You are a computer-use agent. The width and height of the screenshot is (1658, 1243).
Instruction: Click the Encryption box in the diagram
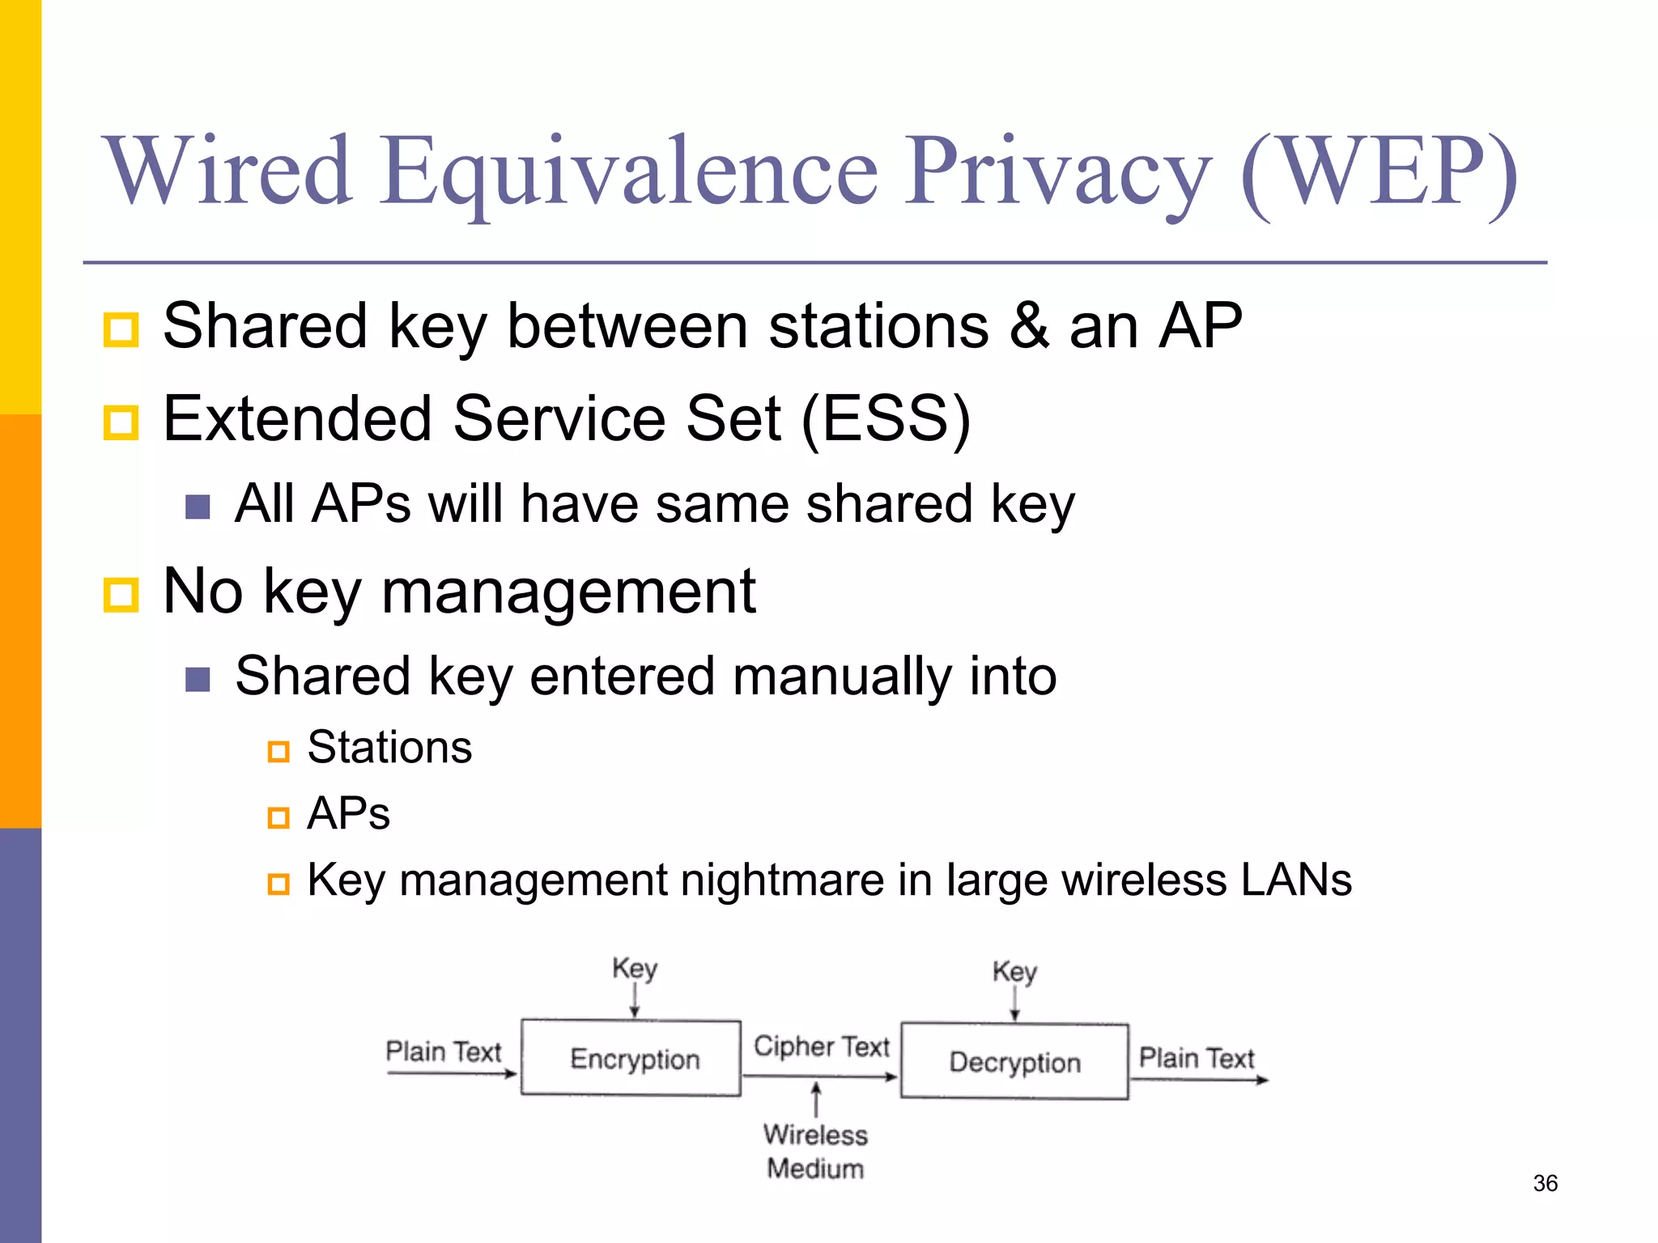point(631,1058)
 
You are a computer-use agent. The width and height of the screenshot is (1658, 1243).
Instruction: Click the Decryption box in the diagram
point(1014,1061)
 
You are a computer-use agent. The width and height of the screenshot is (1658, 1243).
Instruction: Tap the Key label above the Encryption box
point(634,968)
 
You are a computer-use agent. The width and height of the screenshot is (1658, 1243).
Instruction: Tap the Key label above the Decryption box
point(1014,971)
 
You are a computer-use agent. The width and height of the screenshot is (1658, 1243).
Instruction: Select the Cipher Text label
point(821,1046)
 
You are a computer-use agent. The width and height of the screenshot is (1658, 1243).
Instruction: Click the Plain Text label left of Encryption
point(444,1051)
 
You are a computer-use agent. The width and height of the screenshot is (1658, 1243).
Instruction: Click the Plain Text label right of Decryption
point(1196,1058)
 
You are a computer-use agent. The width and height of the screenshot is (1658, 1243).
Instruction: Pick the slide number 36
point(1545,1183)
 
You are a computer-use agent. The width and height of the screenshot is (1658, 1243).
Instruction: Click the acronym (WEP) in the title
point(1378,172)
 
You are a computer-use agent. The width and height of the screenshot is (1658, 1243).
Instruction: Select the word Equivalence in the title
point(630,172)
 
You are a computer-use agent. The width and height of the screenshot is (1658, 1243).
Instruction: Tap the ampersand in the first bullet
point(1029,326)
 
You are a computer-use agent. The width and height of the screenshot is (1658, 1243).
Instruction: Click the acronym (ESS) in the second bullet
point(886,419)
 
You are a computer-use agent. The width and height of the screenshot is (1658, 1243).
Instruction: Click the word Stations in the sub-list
point(389,747)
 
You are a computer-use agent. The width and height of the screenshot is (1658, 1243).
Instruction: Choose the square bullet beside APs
point(278,817)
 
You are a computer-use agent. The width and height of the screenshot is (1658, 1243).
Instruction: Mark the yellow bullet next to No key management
point(121,595)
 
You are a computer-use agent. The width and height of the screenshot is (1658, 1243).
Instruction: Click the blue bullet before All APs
point(198,507)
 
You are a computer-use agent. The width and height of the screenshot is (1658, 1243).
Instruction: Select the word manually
point(842,676)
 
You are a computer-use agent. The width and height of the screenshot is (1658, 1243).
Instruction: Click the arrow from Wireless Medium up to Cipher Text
point(816,1099)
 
